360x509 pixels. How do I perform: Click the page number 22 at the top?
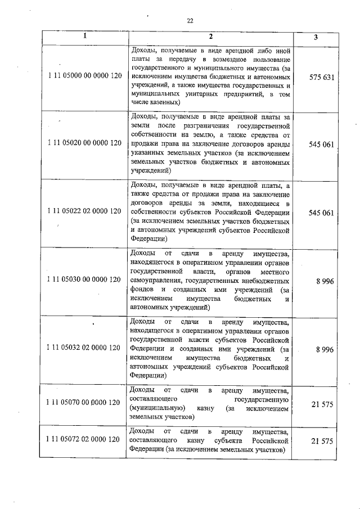(x=190, y=21)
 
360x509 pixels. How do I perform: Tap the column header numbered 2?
(x=209, y=37)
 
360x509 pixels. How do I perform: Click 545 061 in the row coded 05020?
(x=322, y=144)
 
